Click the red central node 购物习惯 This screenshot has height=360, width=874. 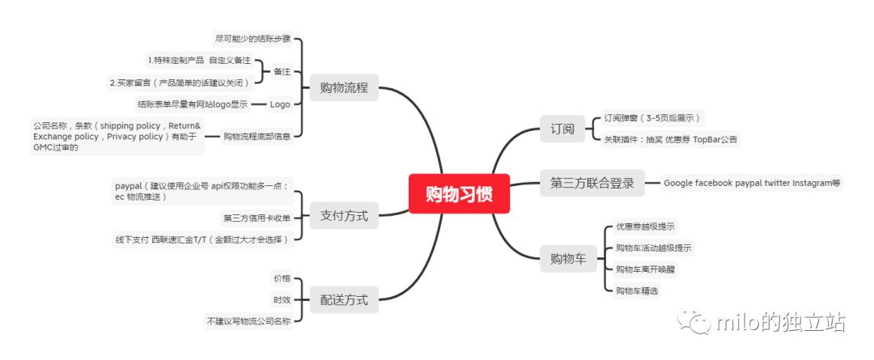point(458,194)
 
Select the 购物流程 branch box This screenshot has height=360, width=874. point(343,87)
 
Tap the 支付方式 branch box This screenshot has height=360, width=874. point(343,216)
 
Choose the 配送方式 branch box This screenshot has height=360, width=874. point(343,300)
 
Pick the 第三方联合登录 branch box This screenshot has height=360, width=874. point(597,183)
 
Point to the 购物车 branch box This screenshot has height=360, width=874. point(567,259)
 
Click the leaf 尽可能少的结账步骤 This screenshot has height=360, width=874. point(252,38)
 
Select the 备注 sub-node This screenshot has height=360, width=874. point(282,71)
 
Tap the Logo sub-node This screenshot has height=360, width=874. point(280,104)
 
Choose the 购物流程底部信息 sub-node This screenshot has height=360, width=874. point(257,136)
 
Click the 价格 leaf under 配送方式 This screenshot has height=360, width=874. point(281,278)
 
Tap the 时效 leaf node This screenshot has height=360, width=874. point(281,299)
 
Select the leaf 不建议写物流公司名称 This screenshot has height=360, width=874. point(248,321)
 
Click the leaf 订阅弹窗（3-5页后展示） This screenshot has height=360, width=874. point(653,118)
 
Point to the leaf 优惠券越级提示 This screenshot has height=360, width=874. point(645,227)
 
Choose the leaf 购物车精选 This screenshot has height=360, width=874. point(638,290)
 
